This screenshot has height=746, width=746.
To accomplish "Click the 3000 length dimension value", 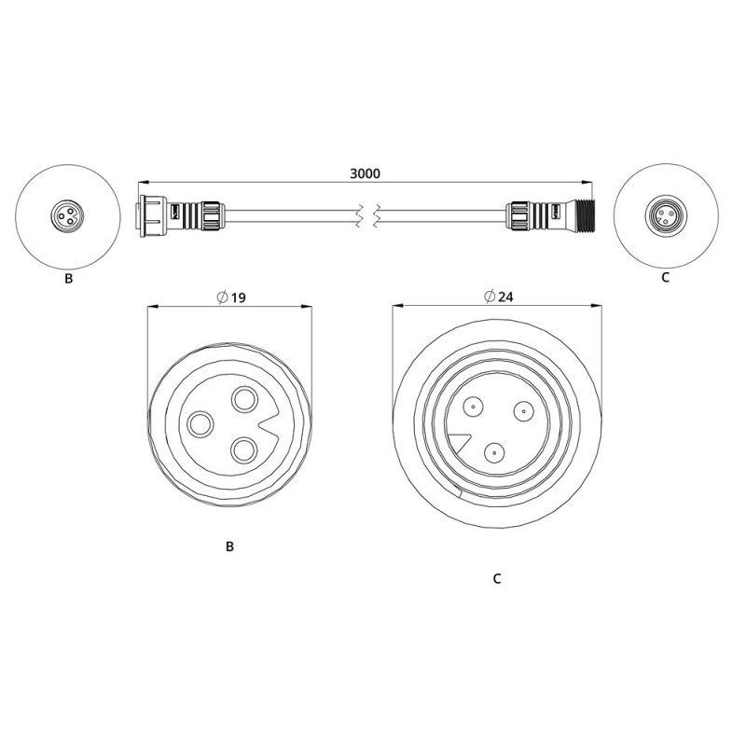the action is click(365, 173).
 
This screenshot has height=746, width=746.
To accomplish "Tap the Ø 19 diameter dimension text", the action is click(231, 297).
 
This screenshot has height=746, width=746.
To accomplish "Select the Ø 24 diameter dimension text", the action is click(499, 297).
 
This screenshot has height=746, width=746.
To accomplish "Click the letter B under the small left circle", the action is click(68, 279).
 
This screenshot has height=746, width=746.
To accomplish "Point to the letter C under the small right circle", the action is click(665, 277).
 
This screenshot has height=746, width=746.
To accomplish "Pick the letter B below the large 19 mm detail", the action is click(229, 546).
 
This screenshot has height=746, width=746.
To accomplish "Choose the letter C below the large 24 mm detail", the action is click(497, 578).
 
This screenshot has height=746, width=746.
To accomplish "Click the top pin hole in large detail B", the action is click(244, 399).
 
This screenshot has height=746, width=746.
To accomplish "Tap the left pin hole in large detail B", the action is click(200, 423).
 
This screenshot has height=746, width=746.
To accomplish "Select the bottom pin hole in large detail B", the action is click(243, 450).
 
